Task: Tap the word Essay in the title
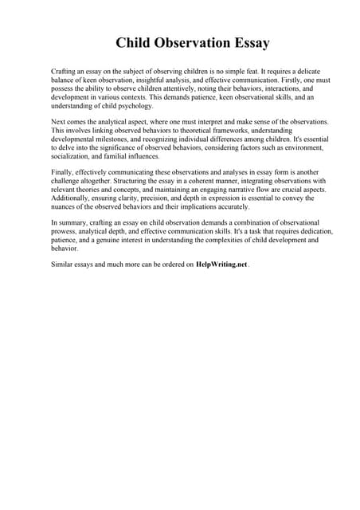pyautogui.click(x=247, y=42)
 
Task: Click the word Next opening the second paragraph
pyautogui.click(x=58, y=121)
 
